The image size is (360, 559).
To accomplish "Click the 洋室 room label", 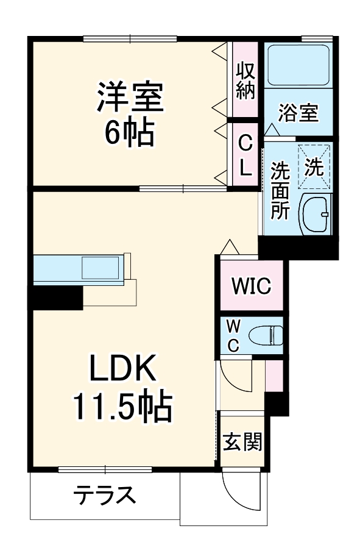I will [x=130, y=98].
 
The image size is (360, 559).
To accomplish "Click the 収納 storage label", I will [x=245, y=79].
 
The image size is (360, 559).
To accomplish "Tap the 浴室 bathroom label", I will [x=298, y=113].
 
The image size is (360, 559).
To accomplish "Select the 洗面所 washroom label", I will [x=280, y=190].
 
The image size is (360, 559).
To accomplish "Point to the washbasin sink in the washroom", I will [x=316, y=215].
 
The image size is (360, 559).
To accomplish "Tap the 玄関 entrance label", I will [x=242, y=442].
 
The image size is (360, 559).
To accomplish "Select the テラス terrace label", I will [x=104, y=496].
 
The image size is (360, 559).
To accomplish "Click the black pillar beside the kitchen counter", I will [x=57, y=297].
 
